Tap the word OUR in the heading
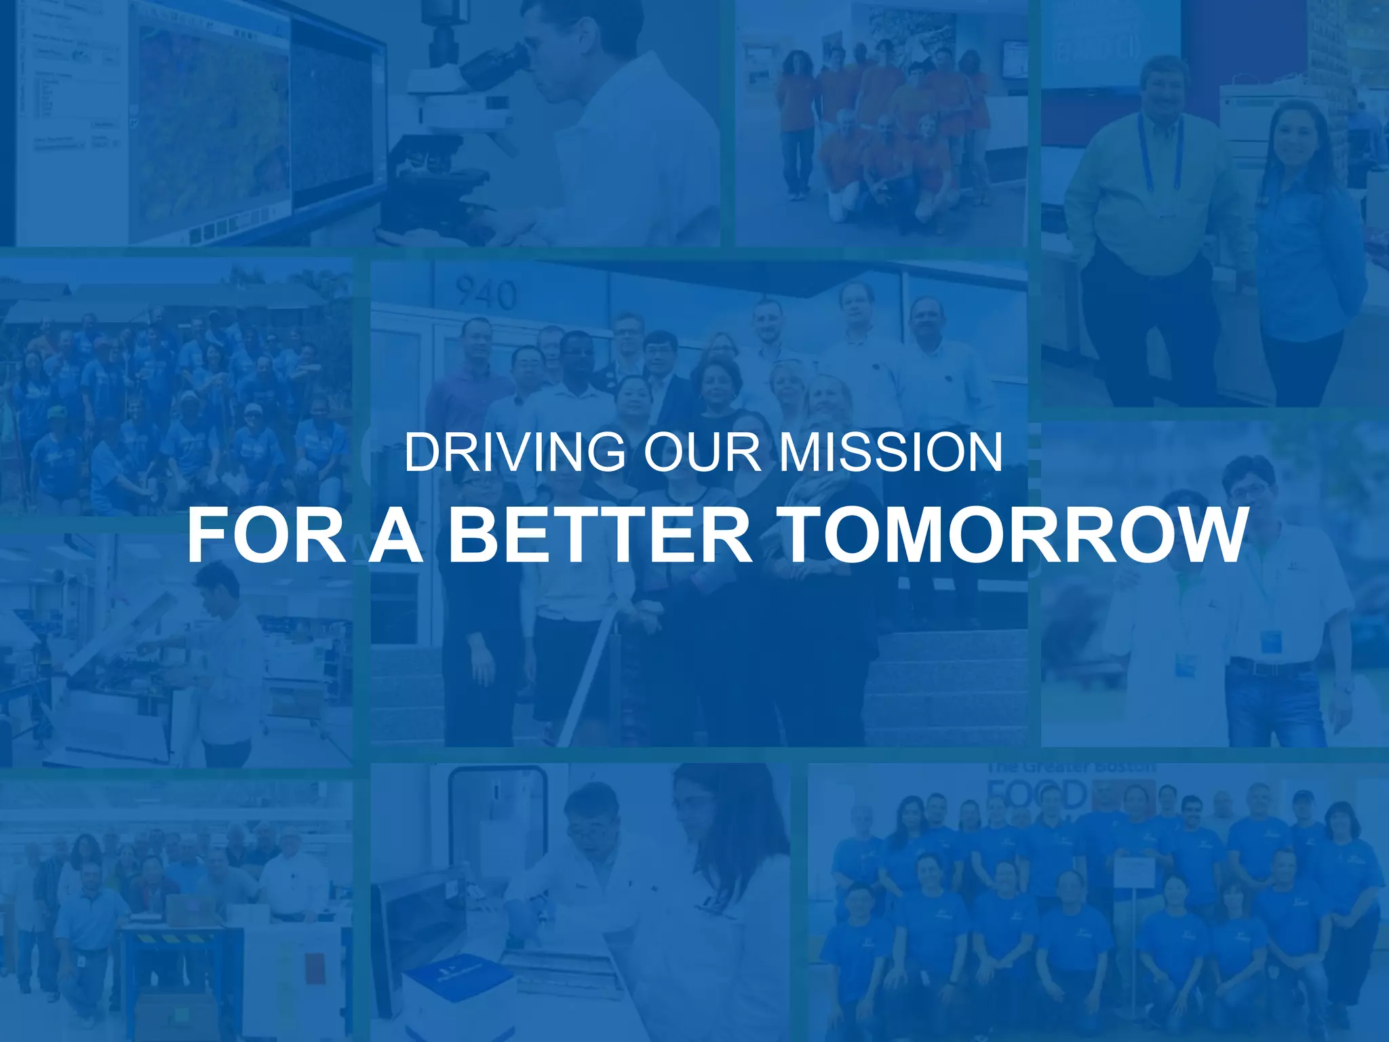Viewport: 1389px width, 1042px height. click(x=701, y=453)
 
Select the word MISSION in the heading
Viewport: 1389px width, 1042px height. click(x=890, y=453)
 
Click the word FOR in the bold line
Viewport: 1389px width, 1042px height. click(x=267, y=535)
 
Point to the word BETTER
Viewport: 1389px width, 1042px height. click(x=601, y=535)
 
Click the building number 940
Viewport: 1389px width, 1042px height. click(x=486, y=294)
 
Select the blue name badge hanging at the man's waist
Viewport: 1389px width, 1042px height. click(x=1270, y=642)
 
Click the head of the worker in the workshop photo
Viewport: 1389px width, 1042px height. click(x=218, y=583)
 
